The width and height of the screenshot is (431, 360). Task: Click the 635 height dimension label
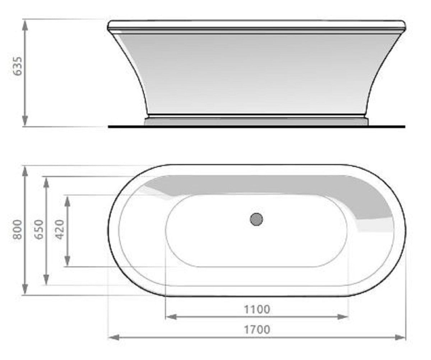pyautogui.click(x=18, y=66)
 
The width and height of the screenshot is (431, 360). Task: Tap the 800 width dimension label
pyautogui.click(x=18, y=230)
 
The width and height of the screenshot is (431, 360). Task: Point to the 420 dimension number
pyautogui.click(x=60, y=230)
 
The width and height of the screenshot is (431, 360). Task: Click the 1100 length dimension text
pyautogui.click(x=257, y=309)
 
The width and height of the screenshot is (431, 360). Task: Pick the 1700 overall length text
pyautogui.click(x=257, y=329)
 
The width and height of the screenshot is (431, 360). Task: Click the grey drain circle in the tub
pyautogui.click(x=256, y=219)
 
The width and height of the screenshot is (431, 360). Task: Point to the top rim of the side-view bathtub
pyautogui.click(x=256, y=25)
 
